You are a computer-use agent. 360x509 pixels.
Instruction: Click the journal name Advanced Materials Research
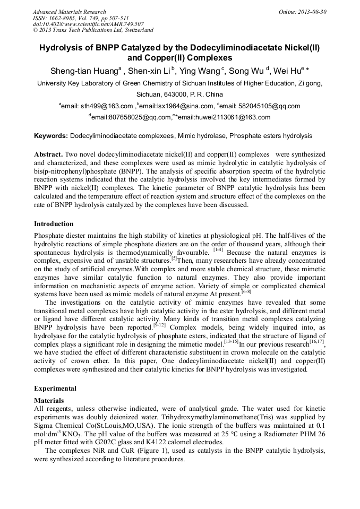click(69, 12)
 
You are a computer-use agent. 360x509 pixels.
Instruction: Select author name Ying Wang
click(200, 71)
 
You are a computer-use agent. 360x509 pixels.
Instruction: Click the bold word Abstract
click(49, 154)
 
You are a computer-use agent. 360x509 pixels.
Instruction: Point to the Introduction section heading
click(54, 224)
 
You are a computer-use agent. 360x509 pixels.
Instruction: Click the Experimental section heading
click(55, 389)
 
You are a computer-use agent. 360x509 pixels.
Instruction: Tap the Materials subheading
click(49, 400)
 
